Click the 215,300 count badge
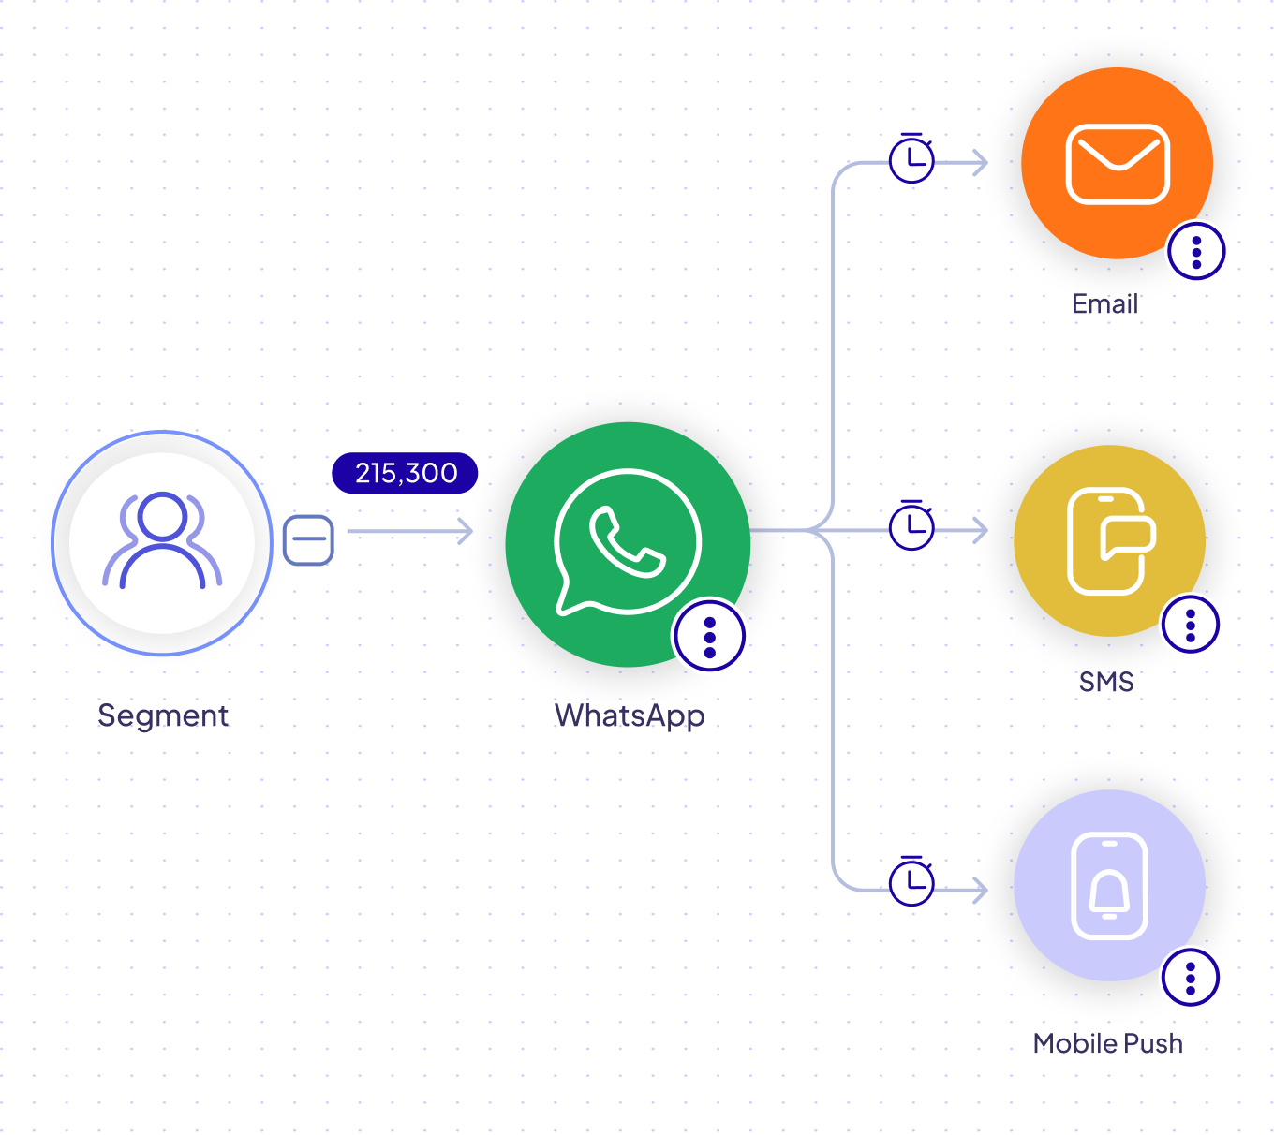[405, 473]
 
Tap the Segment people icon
[162, 540]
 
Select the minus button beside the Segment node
[308, 540]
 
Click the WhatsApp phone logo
[627, 542]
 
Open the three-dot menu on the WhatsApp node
[709, 637]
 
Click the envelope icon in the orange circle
[1118, 164]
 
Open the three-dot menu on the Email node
[1196, 252]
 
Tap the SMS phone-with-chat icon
[1110, 540]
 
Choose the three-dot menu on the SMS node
[1190, 625]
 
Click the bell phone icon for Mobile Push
[1109, 885]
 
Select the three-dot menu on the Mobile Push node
[1190, 977]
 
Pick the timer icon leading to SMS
[911, 525]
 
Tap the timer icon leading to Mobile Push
[911, 880]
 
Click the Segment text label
[163, 715]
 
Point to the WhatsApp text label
[630, 716]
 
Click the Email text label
[1104, 303]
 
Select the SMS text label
[1106, 682]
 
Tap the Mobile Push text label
[1108, 1043]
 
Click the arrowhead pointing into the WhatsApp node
[465, 531]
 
